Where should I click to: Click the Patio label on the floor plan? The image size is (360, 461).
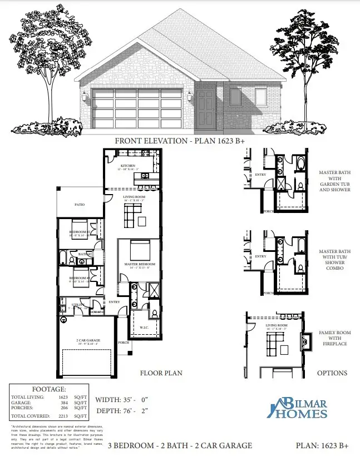point(80,205)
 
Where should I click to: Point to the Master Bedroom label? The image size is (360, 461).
point(139,264)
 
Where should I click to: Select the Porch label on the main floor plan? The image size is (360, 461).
point(124,343)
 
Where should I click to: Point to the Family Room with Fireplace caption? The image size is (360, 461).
point(334,340)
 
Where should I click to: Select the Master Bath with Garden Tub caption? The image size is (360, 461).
point(335,181)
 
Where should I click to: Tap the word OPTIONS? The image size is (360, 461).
point(332,373)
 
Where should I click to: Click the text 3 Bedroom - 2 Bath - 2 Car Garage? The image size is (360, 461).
point(180,445)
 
